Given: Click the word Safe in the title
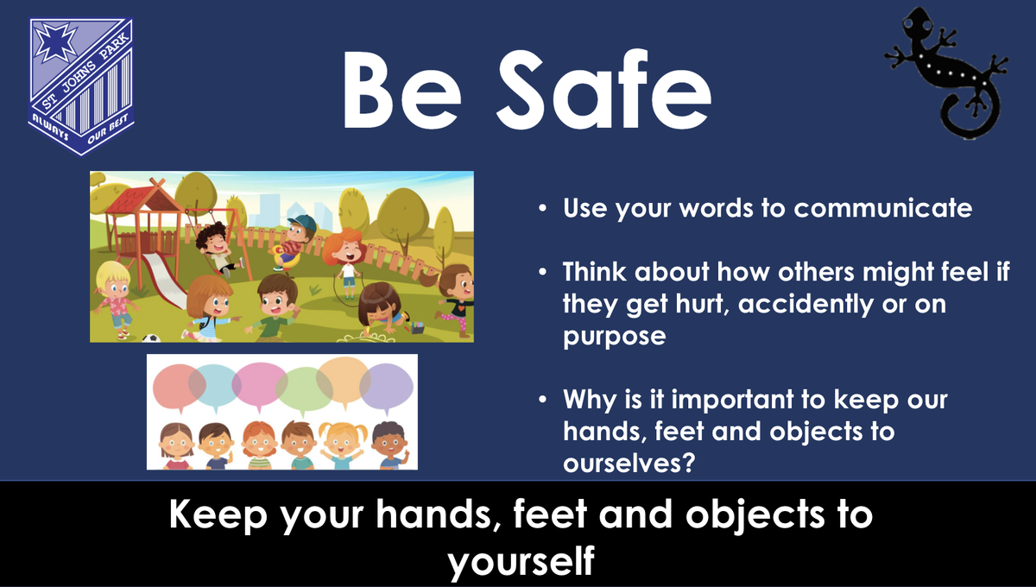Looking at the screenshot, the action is (604, 89).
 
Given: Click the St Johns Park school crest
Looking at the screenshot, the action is (81, 87).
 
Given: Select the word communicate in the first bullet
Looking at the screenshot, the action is (883, 208).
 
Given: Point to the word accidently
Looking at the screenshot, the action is (805, 305).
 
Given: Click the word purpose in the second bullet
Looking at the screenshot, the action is (614, 338).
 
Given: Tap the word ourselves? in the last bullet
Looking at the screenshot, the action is (629, 463).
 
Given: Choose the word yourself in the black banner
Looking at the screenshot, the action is (521, 561).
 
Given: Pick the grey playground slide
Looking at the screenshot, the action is (163, 281).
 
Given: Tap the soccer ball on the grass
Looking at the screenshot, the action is (151, 338).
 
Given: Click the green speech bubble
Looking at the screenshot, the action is (304, 391).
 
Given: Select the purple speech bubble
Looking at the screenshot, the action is (387, 388).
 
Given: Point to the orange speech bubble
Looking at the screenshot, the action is (344, 382).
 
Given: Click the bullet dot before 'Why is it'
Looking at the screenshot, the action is (542, 400).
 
